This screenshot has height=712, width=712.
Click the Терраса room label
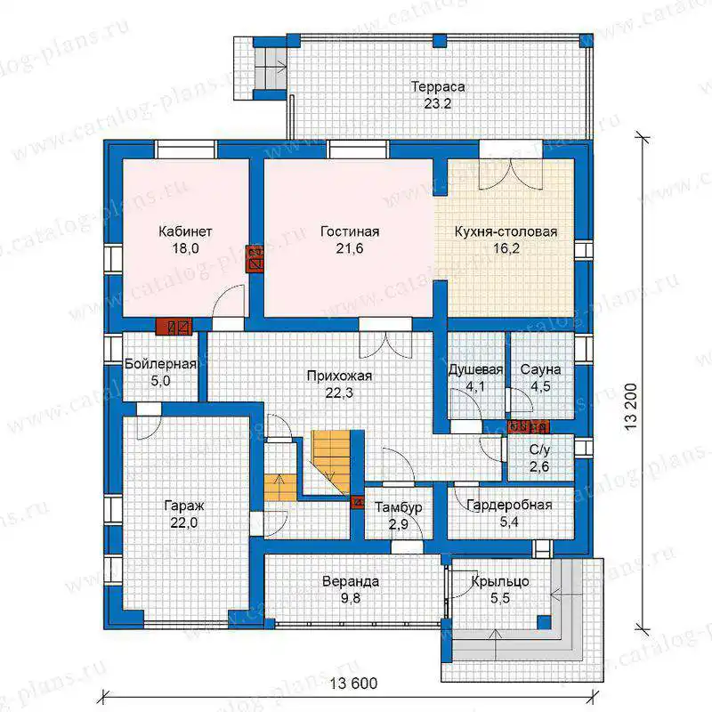pyautogui.click(x=438, y=86)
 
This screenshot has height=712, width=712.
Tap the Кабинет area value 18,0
pyautogui.click(x=185, y=248)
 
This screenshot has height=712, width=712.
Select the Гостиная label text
pyautogui.click(x=350, y=231)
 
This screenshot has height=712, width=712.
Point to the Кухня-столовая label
pyautogui.click(x=506, y=231)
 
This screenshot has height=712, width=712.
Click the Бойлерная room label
pyautogui.click(x=160, y=364)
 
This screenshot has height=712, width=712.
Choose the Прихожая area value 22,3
pyautogui.click(x=339, y=392)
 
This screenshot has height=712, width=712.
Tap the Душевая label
pyautogui.click(x=475, y=370)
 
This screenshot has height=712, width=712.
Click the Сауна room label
pyautogui.click(x=540, y=369)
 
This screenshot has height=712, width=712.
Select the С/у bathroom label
pyautogui.click(x=539, y=449)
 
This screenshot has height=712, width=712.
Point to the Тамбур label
pyautogui.click(x=398, y=507)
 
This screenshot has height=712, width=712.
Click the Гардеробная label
pyautogui.click(x=509, y=505)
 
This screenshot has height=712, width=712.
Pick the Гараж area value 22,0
pyautogui.click(x=184, y=522)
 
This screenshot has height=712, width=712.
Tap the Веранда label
pyautogui.click(x=351, y=581)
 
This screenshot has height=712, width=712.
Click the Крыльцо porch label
pyautogui.click(x=500, y=582)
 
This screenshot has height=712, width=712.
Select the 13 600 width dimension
pyautogui.click(x=353, y=684)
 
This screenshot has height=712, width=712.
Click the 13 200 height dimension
pyautogui.click(x=631, y=408)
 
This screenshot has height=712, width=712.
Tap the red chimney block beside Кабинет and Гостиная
pyautogui.click(x=255, y=259)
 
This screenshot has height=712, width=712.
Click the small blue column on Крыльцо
pyautogui.click(x=545, y=622)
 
